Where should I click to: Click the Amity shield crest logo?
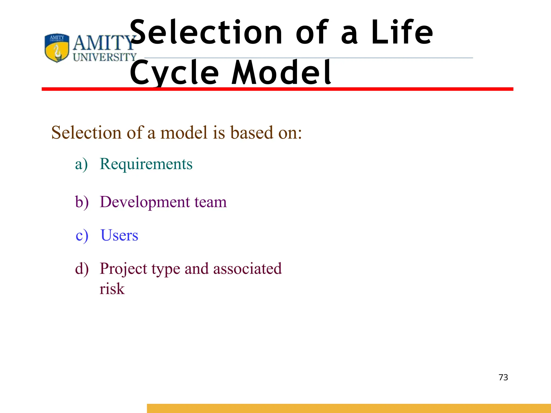(x=57, y=48)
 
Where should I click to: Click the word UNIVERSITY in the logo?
(x=105, y=57)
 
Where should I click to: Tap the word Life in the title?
(x=402, y=33)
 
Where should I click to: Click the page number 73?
(x=503, y=377)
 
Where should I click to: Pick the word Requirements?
(x=146, y=164)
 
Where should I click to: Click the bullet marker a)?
(x=81, y=164)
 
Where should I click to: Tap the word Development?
(x=145, y=202)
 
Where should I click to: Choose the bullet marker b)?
(x=82, y=202)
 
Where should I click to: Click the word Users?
(x=119, y=235)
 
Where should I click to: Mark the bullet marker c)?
(x=82, y=236)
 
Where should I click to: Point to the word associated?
(x=247, y=268)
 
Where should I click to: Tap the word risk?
(x=112, y=289)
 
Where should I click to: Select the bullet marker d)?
(x=82, y=269)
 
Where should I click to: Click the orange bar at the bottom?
(x=349, y=408)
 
